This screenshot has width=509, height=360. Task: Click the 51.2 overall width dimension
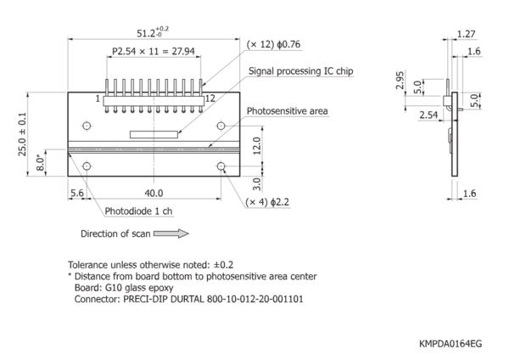click(x=153, y=32)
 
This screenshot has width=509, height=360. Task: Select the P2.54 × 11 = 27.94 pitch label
click(x=154, y=51)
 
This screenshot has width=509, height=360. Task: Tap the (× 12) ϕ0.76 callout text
click(x=273, y=44)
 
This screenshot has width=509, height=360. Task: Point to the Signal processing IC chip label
click(x=301, y=70)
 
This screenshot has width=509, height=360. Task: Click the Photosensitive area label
click(x=288, y=111)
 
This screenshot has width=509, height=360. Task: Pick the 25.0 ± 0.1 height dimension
click(x=22, y=134)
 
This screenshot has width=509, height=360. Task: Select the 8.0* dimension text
click(x=40, y=163)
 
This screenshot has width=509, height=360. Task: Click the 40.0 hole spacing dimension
click(x=154, y=194)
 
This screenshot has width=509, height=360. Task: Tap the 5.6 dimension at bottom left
click(x=77, y=193)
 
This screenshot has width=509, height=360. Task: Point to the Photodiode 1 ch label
click(x=138, y=211)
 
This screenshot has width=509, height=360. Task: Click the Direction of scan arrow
click(x=171, y=233)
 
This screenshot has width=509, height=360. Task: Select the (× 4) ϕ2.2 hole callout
click(x=267, y=202)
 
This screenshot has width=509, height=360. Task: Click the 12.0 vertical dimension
click(x=256, y=146)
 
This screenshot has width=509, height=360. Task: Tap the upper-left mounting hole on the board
click(x=87, y=126)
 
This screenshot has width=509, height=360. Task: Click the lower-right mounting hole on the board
click(x=221, y=166)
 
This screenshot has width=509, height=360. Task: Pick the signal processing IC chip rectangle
click(x=154, y=134)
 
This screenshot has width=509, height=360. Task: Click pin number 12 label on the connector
click(x=210, y=98)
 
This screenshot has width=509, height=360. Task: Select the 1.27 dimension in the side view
click(x=466, y=34)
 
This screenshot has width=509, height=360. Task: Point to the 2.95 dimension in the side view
click(x=400, y=80)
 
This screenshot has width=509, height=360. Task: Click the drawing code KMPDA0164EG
click(x=450, y=343)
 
